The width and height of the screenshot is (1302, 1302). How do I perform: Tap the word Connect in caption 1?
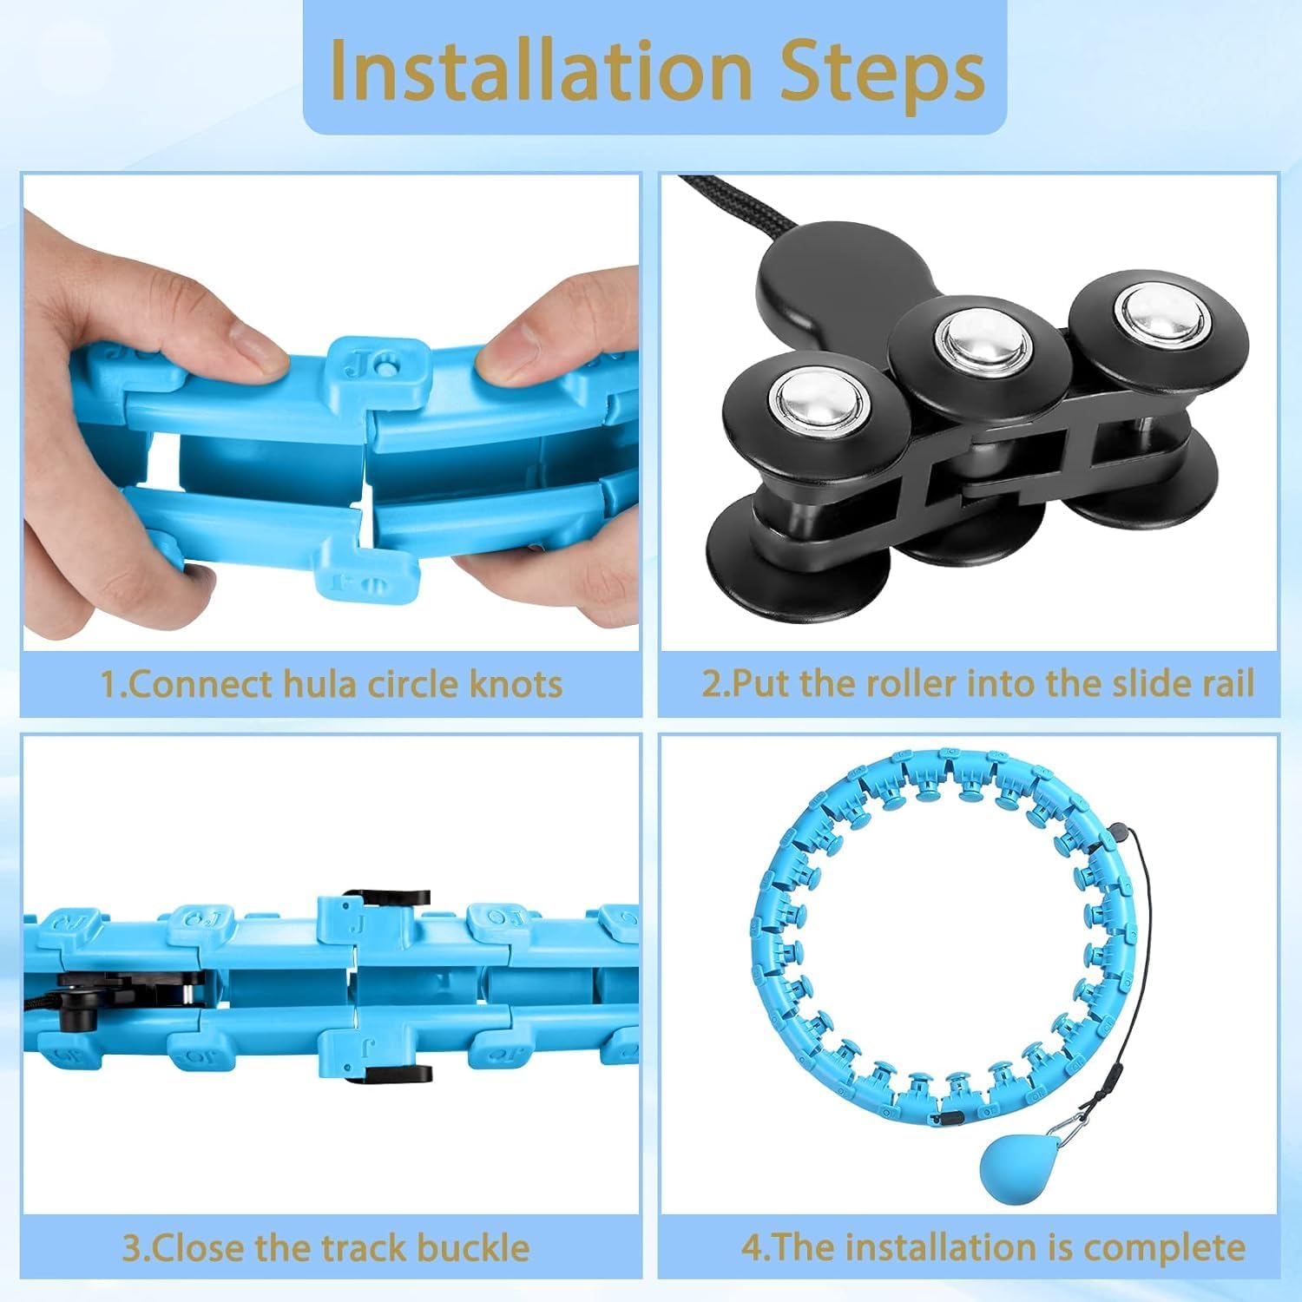click(x=199, y=684)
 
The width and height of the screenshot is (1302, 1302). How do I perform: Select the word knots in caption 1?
click(x=516, y=684)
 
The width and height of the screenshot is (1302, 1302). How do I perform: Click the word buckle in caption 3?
click(x=473, y=1247)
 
